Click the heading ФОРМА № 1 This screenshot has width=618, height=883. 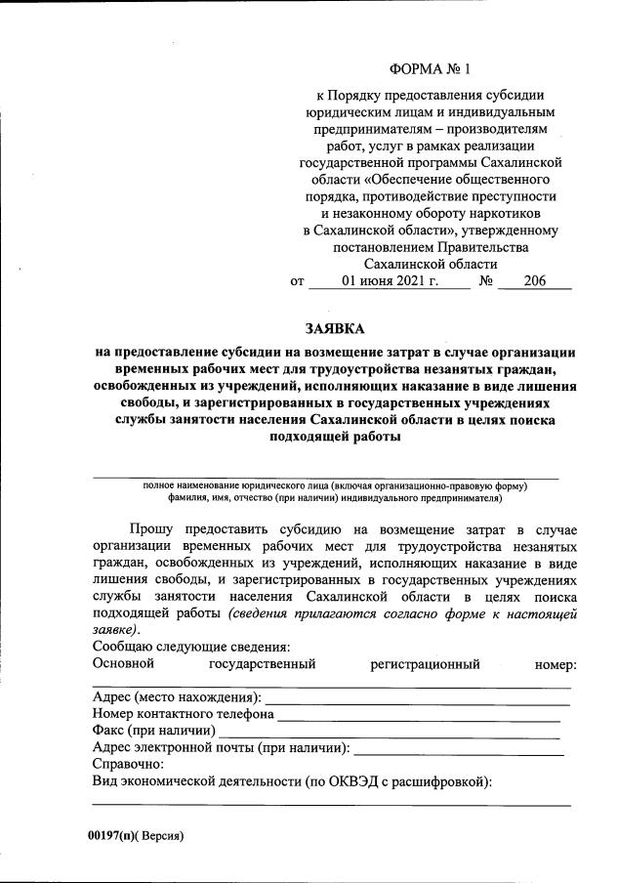pyautogui.click(x=430, y=69)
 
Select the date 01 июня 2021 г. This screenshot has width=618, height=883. pyautogui.click(x=389, y=282)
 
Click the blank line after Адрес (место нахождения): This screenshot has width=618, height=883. pyautogui.click(x=417, y=698)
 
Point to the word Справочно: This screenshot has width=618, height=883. pyautogui.click(x=128, y=764)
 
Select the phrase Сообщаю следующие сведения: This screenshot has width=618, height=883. pyautogui.click(x=190, y=648)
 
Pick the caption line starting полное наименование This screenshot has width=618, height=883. pyautogui.click(x=334, y=485)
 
